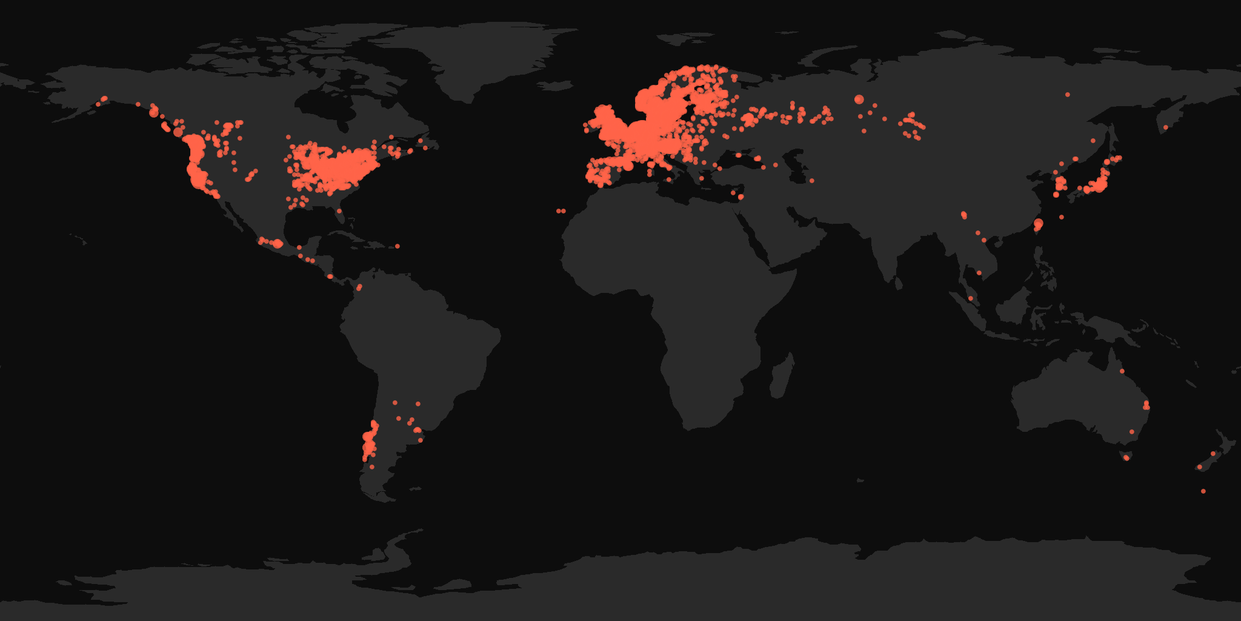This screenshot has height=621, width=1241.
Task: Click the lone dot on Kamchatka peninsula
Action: (1165, 127)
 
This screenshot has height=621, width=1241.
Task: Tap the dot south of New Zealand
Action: (1203, 491)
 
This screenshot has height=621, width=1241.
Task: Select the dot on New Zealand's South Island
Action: (1200, 467)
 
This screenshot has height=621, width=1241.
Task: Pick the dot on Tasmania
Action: (1126, 458)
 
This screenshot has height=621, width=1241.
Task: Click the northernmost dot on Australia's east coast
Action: (1122, 371)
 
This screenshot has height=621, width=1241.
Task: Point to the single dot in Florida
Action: (340, 211)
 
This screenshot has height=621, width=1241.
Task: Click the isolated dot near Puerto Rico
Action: (398, 246)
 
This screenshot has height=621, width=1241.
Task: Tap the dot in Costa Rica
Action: (330, 277)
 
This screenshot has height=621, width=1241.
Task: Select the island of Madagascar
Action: (782, 376)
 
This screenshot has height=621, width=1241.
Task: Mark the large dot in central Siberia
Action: (859, 99)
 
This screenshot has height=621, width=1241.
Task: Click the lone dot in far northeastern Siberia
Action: (1068, 95)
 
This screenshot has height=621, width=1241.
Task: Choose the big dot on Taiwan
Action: (1038, 224)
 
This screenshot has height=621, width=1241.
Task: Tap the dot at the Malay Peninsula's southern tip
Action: (971, 298)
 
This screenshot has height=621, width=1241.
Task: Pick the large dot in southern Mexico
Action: (278, 244)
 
